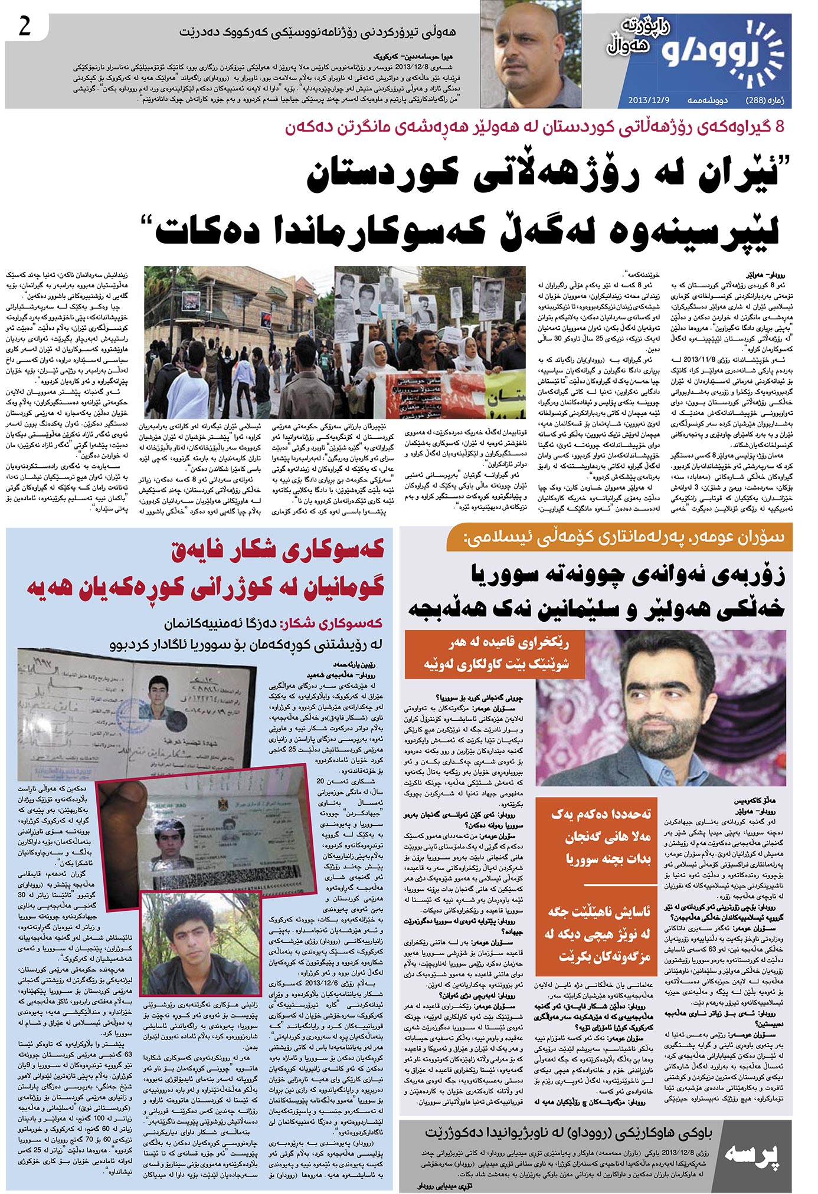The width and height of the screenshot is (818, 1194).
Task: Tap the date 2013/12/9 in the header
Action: [x=649, y=100]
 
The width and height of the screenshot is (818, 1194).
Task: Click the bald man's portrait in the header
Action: [x=530, y=54]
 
